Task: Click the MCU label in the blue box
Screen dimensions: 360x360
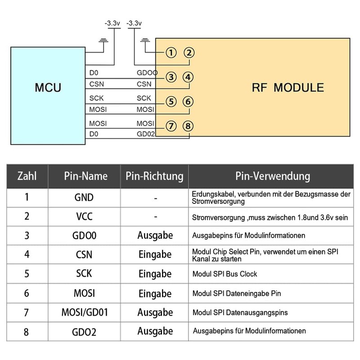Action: (48, 87)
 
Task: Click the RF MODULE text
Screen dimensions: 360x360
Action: (288, 87)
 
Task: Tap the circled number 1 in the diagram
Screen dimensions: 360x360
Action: (171, 53)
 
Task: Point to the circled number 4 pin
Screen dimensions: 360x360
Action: (189, 77)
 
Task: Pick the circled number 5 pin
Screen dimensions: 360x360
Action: (171, 101)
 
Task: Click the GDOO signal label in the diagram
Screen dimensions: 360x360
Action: (147, 72)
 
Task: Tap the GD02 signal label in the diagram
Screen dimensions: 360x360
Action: (146, 134)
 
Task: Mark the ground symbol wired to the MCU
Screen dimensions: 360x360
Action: (104, 42)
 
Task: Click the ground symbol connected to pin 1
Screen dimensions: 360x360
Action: (145, 42)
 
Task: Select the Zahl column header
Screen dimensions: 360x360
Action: (27, 175)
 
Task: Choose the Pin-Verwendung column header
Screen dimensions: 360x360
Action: (273, 175)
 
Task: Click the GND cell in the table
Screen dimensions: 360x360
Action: (84, 197)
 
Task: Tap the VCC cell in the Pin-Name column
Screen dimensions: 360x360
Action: (84, 216)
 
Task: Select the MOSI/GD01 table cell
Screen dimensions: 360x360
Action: (84, 312)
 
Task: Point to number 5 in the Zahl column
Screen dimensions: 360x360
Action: (27, 274)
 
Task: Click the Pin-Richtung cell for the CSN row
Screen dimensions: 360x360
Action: (155, 255)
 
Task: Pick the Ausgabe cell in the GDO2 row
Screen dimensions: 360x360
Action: (155, 331)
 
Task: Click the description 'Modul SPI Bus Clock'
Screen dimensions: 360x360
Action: (225, 274)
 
